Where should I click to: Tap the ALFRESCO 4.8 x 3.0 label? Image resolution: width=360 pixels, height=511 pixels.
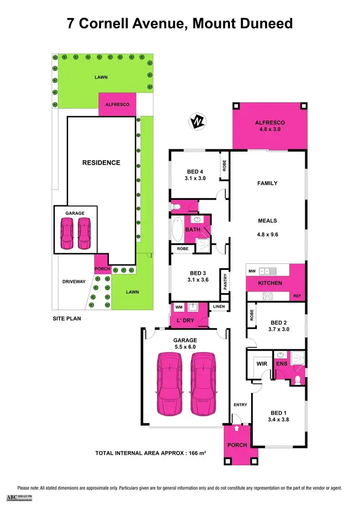tap(270, 127)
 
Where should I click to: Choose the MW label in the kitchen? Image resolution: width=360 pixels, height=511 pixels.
tap(251, 271)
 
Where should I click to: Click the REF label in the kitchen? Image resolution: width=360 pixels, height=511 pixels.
tap(297, 297)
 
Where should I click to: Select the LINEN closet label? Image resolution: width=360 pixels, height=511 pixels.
tap(219, 307)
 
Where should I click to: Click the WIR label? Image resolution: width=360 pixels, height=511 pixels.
tap(262, 364)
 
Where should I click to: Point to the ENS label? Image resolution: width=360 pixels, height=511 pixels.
tap(281, 364)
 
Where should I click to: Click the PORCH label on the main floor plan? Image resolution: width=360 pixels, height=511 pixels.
tap(237, 445)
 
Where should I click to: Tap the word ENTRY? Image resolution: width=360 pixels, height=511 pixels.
tap(240, 405)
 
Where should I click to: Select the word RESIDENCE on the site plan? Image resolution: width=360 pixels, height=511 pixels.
tap(101, 163)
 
